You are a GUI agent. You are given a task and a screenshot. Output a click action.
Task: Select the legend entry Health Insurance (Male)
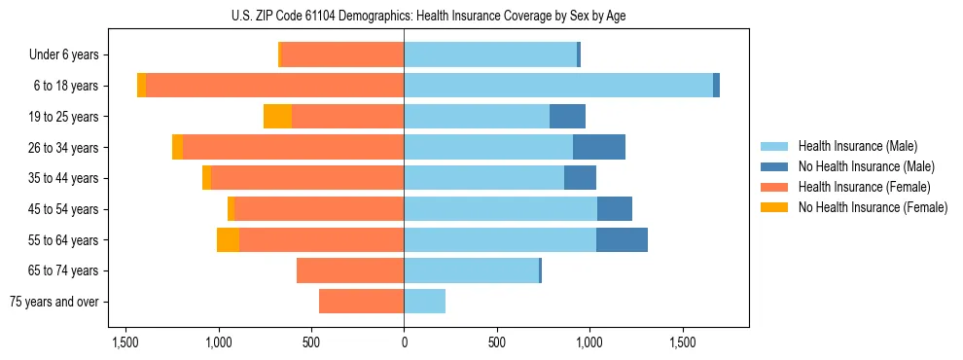[857, 146]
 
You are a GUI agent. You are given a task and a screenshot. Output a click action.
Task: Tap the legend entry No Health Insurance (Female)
[873, 207]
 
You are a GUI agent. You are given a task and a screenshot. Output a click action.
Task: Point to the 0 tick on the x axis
[404, 342]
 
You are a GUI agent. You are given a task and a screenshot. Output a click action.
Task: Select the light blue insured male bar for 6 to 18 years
[558, 86]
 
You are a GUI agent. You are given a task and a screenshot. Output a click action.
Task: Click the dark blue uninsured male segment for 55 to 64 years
[622, 239]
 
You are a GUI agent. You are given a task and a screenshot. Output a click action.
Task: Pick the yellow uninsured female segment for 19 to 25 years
[277, 117]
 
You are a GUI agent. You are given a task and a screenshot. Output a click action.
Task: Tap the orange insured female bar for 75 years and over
[361, 302]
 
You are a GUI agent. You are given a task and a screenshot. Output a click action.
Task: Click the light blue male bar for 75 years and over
[424, 302]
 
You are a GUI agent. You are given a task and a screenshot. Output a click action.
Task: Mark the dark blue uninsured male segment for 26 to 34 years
[599, 147]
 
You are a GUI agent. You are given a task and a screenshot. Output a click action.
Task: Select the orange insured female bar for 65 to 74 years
[350, 270]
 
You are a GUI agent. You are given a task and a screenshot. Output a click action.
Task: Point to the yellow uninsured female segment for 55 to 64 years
[228, 239]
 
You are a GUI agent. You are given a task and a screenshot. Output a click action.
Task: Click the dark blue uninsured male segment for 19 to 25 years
[567, 117]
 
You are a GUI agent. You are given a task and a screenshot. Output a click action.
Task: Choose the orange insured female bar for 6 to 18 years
[274, 86]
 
